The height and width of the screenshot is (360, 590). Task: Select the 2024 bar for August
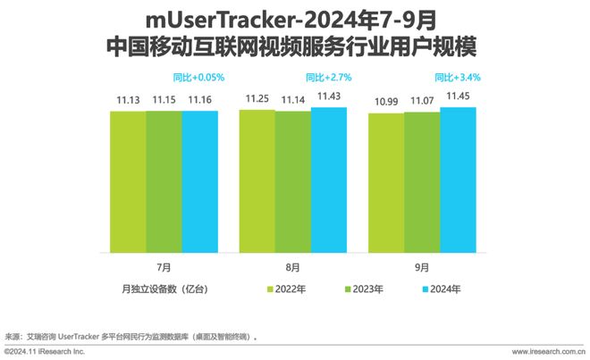[328, 179]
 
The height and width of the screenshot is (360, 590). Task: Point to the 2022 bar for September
[385, 183]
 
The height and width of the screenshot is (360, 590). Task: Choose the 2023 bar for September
[421, 182]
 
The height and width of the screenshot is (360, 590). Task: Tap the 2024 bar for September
[457, 179]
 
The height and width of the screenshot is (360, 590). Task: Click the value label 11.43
[328, 97]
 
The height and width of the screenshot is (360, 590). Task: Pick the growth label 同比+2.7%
[328, 77]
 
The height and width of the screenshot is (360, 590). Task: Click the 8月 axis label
[292, 267]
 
